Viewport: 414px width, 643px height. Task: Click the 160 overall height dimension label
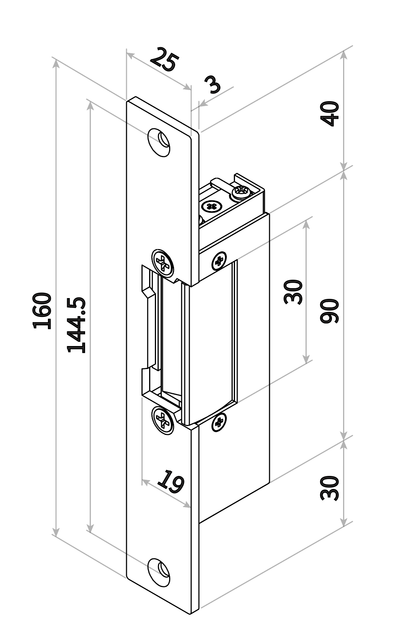42,310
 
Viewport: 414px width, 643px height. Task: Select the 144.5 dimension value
76,325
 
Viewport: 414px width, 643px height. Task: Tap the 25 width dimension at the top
164,60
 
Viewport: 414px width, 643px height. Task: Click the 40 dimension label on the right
330,113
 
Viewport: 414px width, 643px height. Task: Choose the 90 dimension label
330,311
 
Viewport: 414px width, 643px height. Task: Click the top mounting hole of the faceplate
159,143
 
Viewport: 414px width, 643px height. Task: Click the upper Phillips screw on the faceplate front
163,262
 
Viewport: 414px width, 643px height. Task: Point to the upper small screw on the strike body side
219,261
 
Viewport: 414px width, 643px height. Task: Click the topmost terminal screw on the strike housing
242,192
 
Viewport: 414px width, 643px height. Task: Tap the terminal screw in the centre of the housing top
212,206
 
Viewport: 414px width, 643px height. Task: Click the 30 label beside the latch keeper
293,292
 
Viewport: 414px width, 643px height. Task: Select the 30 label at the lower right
330,488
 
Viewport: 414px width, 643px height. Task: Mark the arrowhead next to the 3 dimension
203,104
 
